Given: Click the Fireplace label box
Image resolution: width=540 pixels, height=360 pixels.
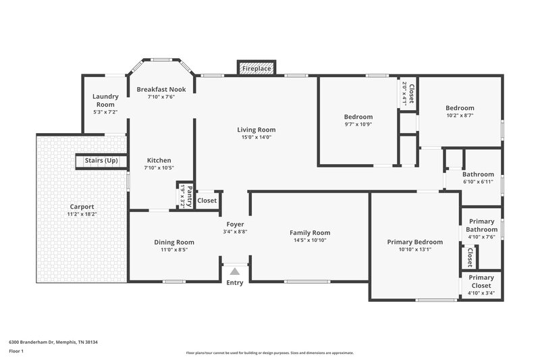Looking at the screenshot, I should [x=256, y=69].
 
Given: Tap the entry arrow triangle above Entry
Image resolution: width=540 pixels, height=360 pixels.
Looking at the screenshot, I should [x=235, y=271].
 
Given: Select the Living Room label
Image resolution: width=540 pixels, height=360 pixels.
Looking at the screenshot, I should [x=256, y=130].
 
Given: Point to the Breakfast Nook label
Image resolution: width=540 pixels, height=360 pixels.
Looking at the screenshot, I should [x=161, y=89].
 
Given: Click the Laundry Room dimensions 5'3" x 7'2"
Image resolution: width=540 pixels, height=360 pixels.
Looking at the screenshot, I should [x=105, y=112].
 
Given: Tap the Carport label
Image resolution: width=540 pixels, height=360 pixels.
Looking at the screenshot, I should [x=82, y=207].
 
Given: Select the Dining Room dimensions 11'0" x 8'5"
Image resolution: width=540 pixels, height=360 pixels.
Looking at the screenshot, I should [x=174, y=250].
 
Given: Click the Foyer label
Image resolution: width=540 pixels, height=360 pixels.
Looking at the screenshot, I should [x=235, y=224].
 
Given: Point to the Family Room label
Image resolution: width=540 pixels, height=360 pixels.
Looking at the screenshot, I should [x=310, y=232].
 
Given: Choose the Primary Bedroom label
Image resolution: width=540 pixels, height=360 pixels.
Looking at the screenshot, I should [x=414, y=242].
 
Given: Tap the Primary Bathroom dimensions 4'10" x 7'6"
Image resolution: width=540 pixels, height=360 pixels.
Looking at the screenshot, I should [x=481, y=237].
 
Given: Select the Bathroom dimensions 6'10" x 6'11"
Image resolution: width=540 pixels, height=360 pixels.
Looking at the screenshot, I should [x=479, y=182].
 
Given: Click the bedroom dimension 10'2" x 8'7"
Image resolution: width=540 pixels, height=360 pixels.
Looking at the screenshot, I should [x=460, y=115].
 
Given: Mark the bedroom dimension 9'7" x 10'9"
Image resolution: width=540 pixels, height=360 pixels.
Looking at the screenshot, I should [x=358, y=124].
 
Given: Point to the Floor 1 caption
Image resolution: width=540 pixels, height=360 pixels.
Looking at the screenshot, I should [x=16, y=351].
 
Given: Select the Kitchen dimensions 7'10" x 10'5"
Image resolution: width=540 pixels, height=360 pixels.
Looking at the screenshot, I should [x=159, y=168].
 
